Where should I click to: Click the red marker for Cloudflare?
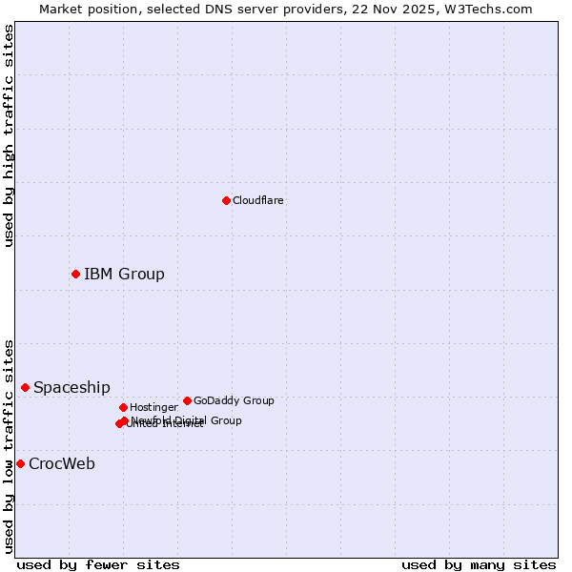[x=226, y=200]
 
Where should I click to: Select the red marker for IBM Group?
[x=75, y=274]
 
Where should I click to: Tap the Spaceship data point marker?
[x=25, y=387]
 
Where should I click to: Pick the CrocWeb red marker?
[x=20, y=463]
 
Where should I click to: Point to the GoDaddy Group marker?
[x=187, y=400]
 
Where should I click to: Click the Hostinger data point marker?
[x=123, y=407]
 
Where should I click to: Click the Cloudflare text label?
[x=257, y=200]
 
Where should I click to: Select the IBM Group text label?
[x=124, y=275]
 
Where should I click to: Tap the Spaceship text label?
[x=71, y=388]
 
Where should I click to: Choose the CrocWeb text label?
[x=62, y=464]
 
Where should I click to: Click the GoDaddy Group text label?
[x=234, y=400]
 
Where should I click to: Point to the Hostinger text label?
[x=153, y=408]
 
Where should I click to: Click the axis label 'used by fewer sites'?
[x=98, y=564]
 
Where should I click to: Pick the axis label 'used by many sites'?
[x=479, y=564]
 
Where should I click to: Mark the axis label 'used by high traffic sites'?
[x=9, y=135]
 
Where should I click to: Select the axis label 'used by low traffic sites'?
[x=9, y=446]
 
